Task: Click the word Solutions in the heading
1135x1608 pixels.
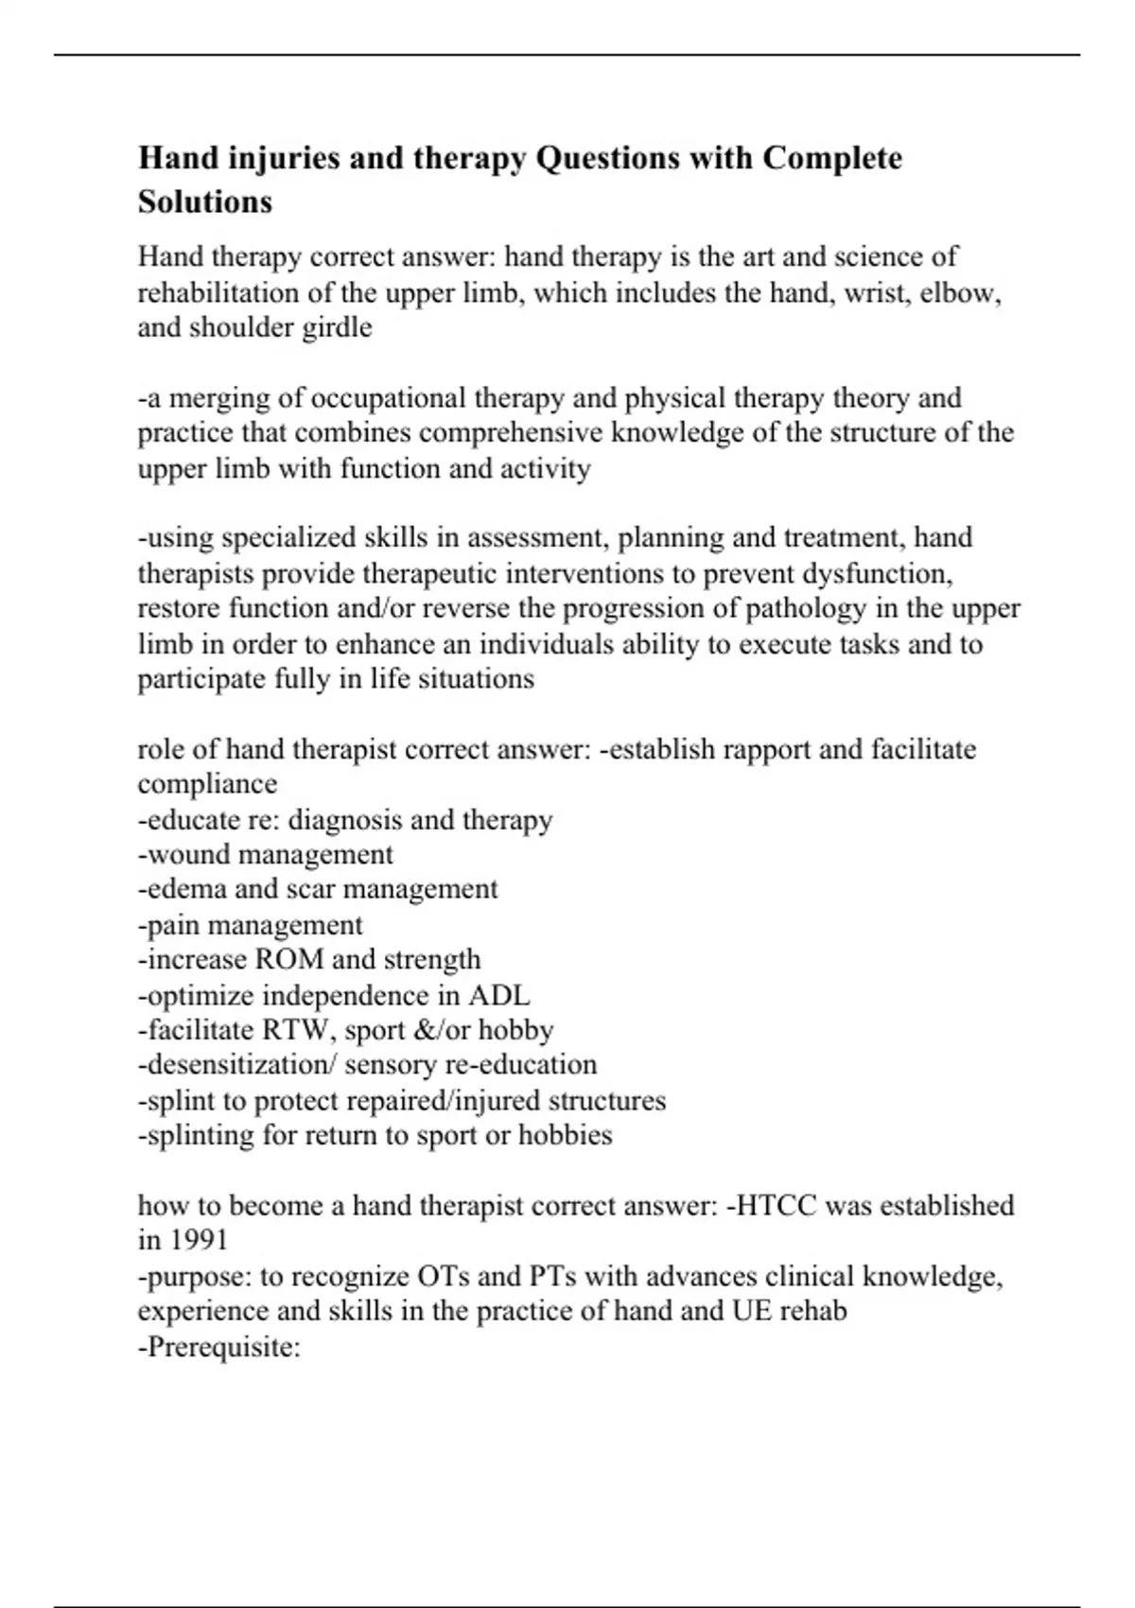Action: click(205, 201)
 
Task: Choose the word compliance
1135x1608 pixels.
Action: click(207, 784)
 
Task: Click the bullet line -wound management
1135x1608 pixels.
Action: click(266, 854)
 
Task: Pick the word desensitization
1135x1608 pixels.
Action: click(236, 1065)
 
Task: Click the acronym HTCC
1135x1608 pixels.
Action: click(776, 1206)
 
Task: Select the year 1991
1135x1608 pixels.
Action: click(200, 1240)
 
